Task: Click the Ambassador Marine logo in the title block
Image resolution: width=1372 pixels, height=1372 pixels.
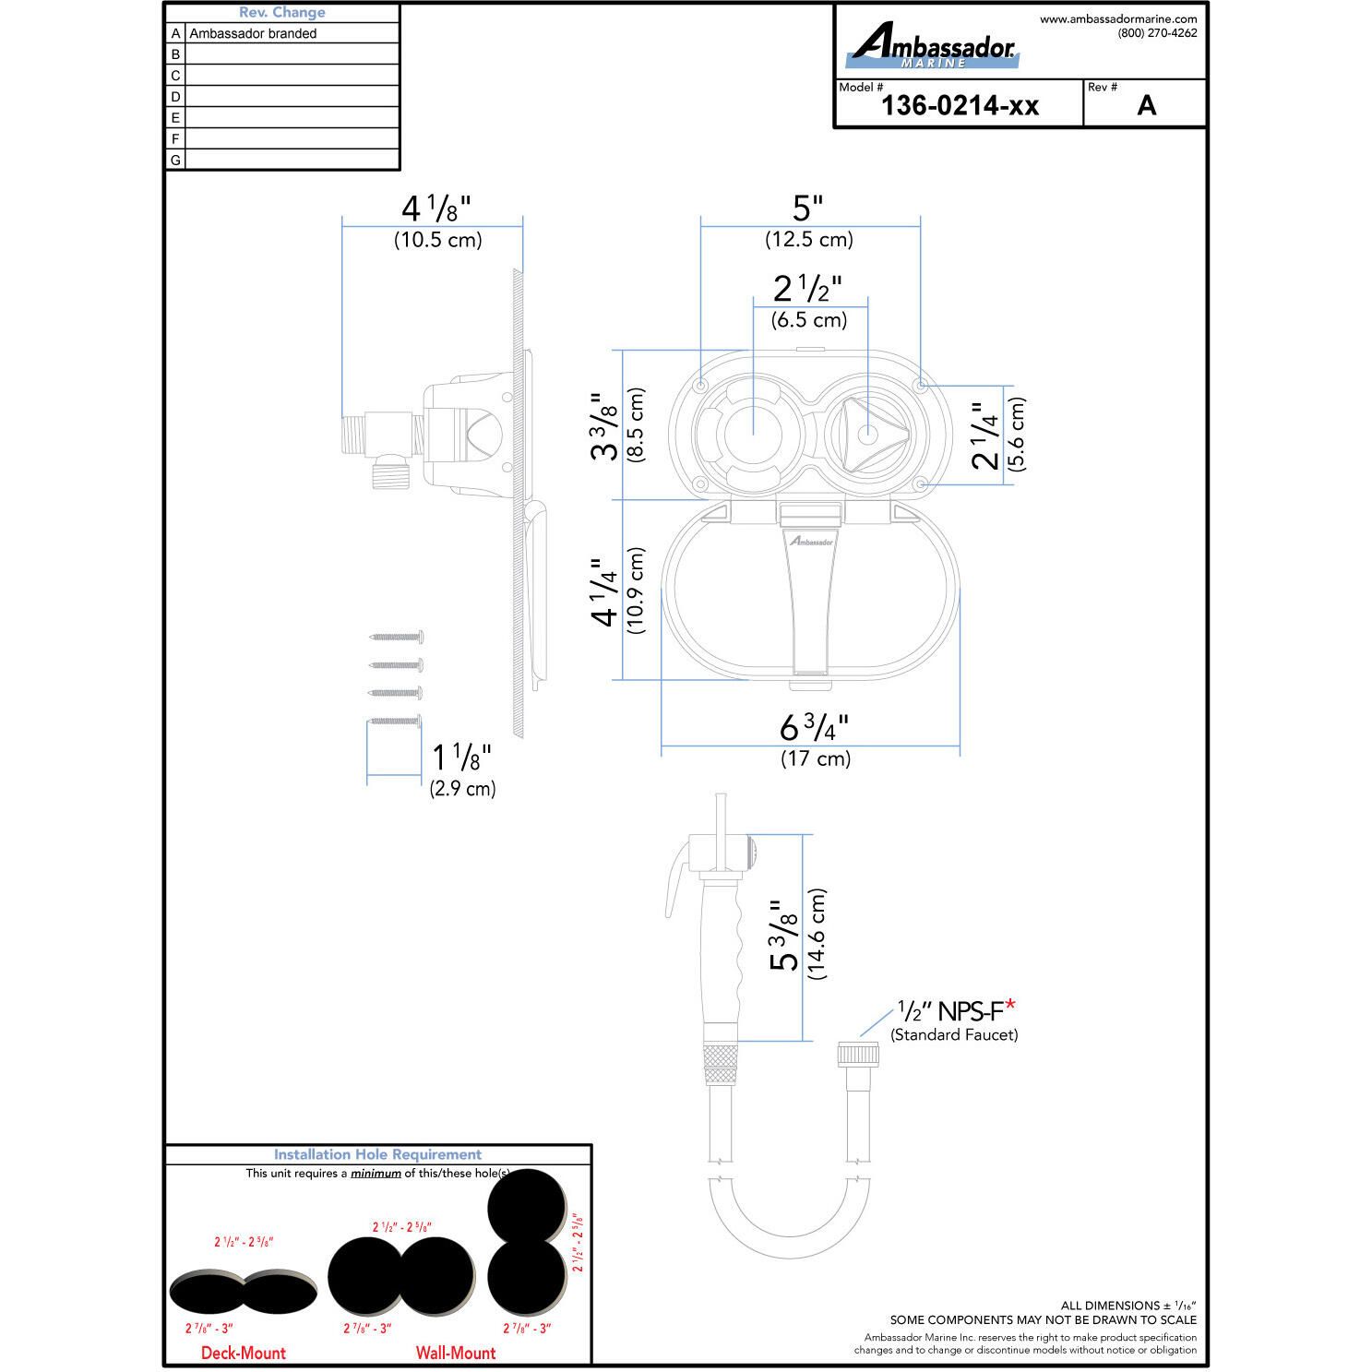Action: [x=932, y=46]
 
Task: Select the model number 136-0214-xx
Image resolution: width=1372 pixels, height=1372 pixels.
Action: [x=960, y=105]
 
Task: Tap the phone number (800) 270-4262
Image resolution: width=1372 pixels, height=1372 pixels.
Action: [x=1157, y=33]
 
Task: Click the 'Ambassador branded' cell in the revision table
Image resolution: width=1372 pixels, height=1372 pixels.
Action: [x=253, y=33]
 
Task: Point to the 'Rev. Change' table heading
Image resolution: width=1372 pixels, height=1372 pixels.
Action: [x=281, y=13]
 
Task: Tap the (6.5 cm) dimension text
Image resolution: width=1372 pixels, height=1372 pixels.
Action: [x=809, y=320]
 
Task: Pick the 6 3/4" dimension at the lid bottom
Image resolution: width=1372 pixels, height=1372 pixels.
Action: [x=814, y=728]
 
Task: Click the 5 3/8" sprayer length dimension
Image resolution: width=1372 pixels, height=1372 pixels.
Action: [x=783, y=937]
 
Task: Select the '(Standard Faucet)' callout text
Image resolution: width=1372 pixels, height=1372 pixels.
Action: [x=954, y=1035]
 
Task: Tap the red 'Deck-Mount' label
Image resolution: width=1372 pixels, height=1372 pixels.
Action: [x=244, y=1353]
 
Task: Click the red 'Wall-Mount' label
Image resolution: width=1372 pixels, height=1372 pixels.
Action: [x=456, y=1353]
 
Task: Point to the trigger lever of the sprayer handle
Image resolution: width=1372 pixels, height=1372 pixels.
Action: [x=678, y=877]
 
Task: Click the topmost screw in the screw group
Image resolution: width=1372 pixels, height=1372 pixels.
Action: [x=397, y=636]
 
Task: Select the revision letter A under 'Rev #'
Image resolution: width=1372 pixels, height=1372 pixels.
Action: [x=1146, y=105]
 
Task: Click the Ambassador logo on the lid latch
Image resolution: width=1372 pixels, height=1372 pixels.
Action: [x=810, y=542]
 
